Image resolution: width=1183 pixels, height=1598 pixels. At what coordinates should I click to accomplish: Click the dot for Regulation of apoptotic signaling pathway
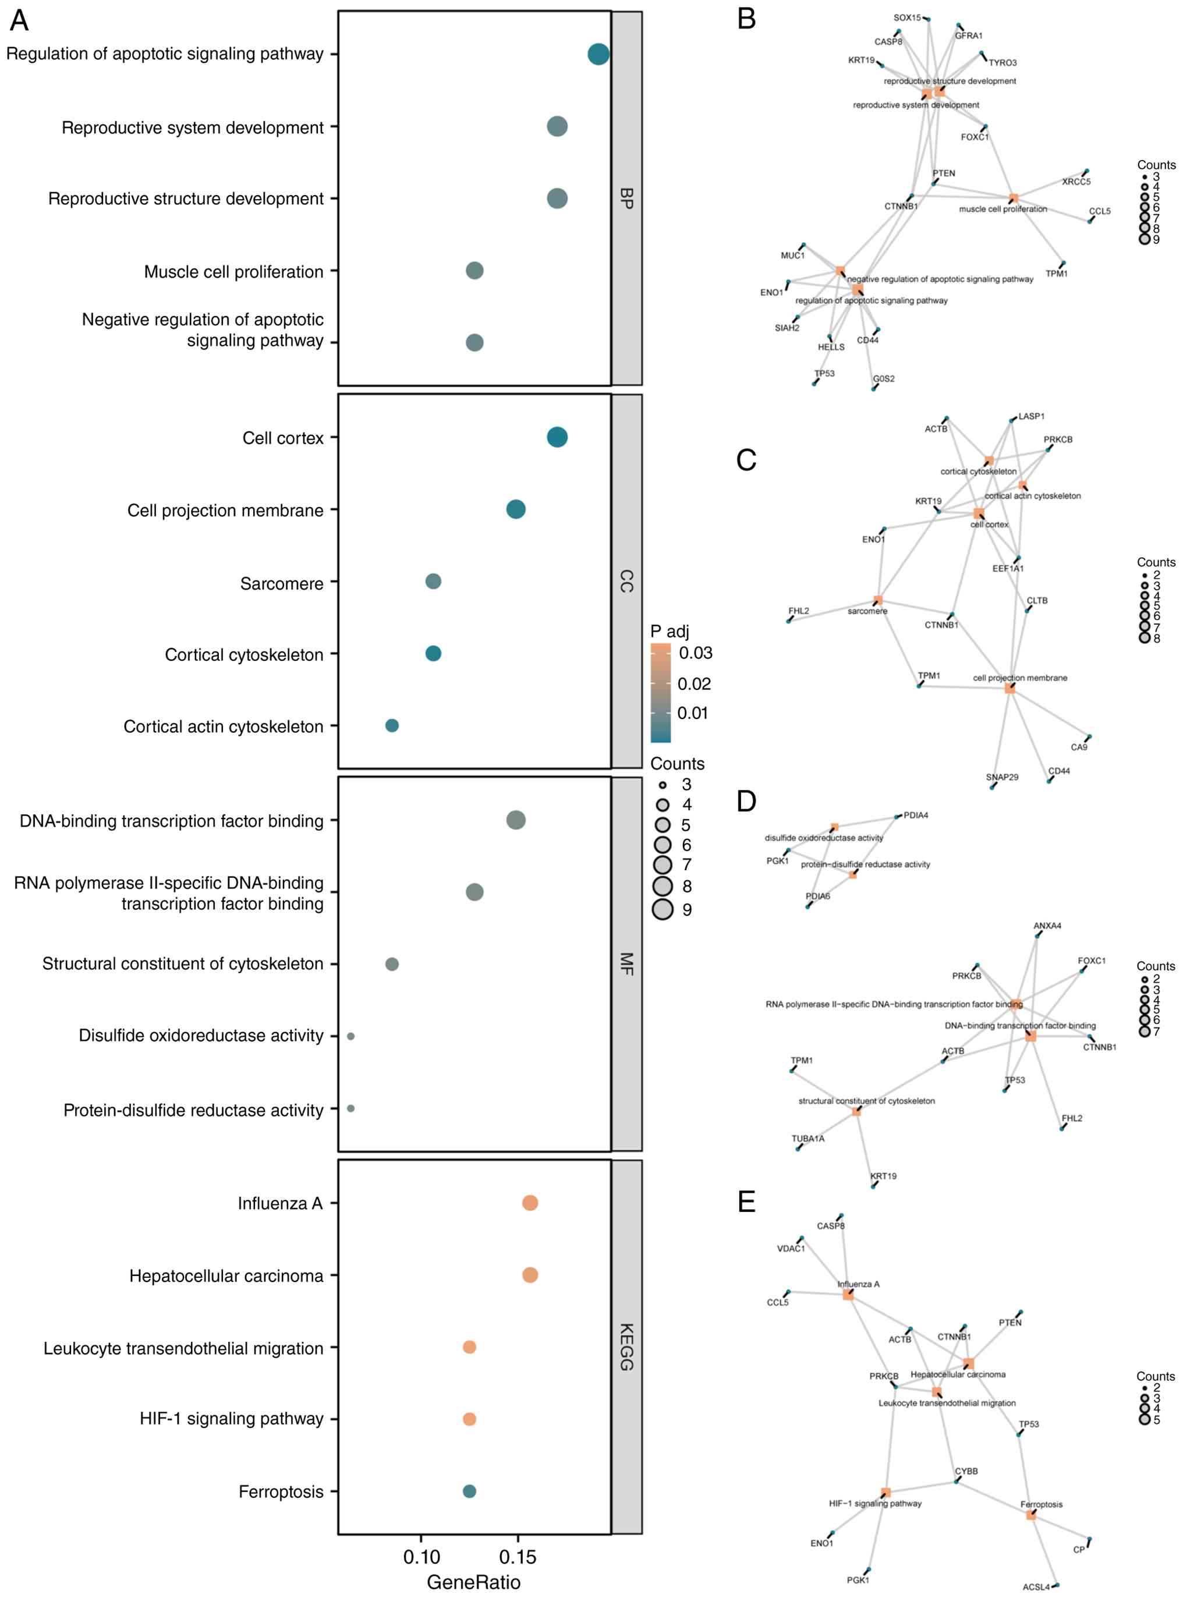598,54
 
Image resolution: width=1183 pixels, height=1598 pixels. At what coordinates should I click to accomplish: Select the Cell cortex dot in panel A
557,437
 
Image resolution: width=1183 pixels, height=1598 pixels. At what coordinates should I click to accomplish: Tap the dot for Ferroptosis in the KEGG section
469,1491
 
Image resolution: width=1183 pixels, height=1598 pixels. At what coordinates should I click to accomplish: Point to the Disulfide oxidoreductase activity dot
350,1036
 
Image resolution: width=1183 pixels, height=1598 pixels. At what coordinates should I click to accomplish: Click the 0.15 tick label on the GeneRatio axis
517,1557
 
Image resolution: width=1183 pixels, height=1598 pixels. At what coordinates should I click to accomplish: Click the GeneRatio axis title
473,1582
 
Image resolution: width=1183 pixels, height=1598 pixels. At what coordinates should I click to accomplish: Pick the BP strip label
626,199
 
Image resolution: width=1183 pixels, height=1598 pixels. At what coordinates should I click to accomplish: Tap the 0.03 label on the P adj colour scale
695,653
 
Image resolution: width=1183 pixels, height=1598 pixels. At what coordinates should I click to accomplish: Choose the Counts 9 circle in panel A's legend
663,909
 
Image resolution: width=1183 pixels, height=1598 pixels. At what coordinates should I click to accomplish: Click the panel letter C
746,460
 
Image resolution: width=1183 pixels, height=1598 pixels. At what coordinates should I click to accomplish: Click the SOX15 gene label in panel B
906,18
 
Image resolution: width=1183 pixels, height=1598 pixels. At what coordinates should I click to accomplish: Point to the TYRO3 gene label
1003,63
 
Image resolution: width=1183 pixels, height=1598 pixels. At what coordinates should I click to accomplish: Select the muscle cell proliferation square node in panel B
1013,197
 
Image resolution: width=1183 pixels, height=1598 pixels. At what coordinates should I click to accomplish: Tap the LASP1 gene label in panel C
1031,416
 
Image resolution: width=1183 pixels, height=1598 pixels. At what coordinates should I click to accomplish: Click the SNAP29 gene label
1002,777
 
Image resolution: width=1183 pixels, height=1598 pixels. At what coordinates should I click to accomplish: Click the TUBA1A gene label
807,1138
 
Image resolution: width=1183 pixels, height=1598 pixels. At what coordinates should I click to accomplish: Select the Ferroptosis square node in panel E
1030,1514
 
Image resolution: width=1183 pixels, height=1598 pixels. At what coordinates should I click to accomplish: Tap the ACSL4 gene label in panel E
1036,1586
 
